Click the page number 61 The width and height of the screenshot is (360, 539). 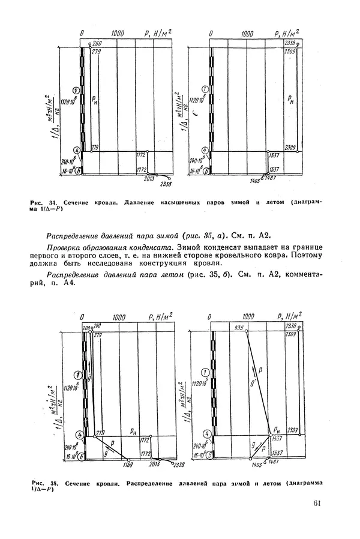coord(317,504)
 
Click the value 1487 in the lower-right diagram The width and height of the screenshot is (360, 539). coord(272,463)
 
